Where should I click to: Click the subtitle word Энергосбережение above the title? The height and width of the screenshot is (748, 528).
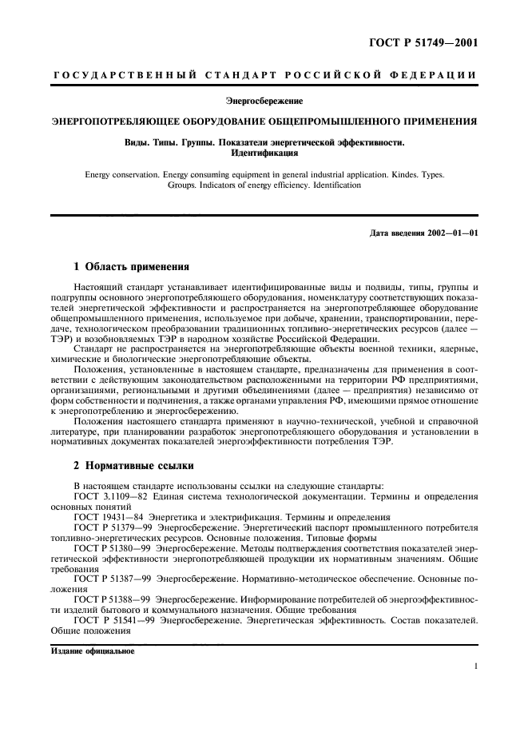click(264, 101)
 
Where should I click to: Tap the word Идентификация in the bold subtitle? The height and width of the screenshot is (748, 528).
click(264, 153)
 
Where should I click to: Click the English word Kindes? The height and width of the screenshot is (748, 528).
click(404, 173)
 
